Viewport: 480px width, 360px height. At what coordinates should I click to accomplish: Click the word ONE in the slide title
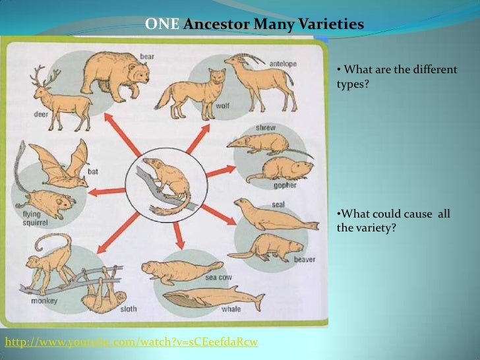coord(162,25)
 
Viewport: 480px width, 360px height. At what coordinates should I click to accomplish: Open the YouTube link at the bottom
coord(132,341)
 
